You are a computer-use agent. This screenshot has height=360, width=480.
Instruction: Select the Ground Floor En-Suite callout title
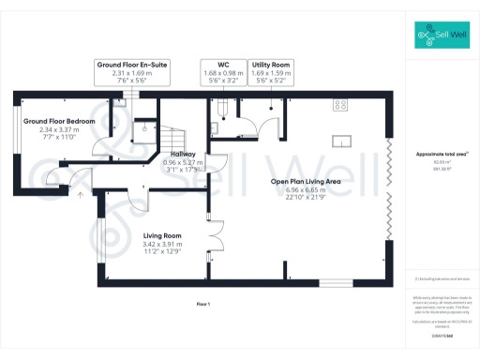tap(132, 64)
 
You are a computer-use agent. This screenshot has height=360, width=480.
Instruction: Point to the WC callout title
tap(222, 64)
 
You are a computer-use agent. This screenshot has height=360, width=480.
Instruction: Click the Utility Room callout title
tap(270, 64)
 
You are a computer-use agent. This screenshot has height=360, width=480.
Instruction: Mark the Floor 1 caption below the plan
tap(203, 305)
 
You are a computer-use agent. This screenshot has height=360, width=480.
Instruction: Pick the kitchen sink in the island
tap(344, 142)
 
